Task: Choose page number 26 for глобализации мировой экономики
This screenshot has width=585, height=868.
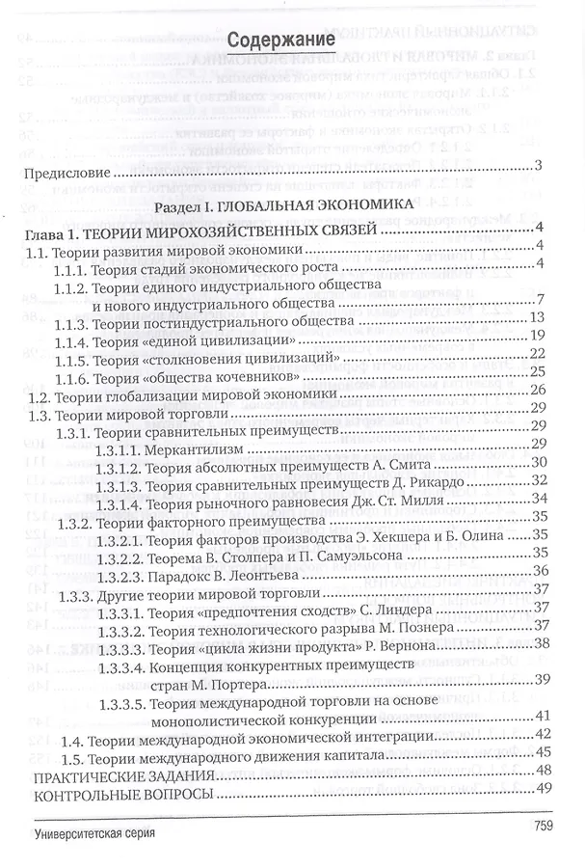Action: click(x=538, y=390)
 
